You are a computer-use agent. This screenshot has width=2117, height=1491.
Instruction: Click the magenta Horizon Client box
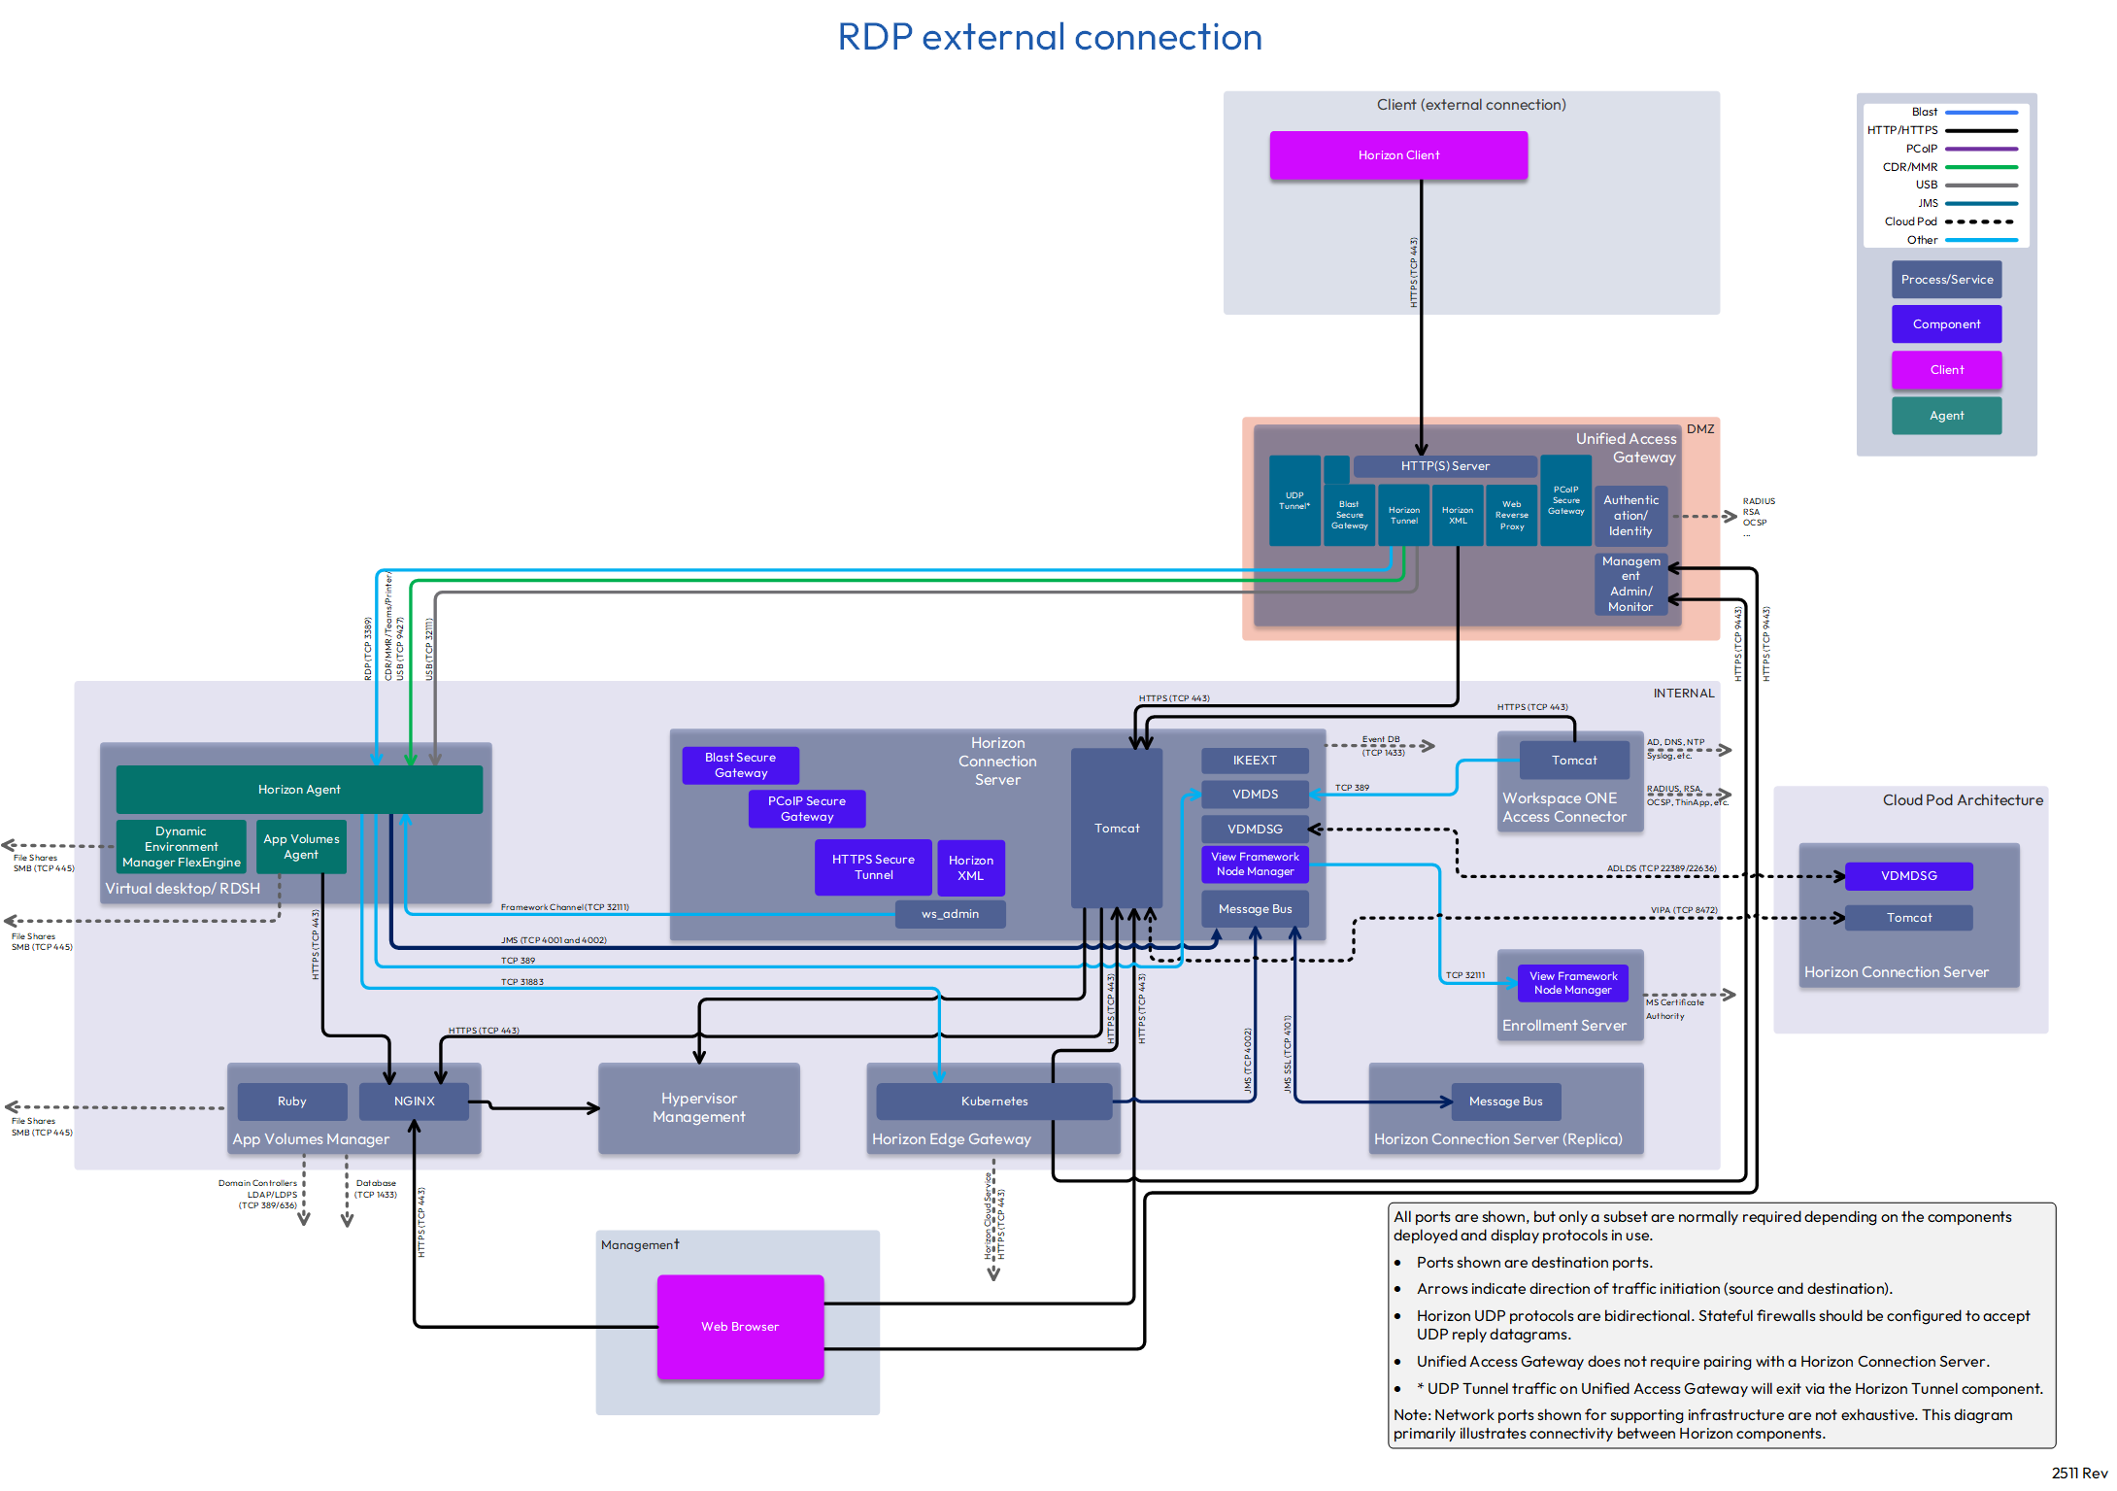coord(1397,155)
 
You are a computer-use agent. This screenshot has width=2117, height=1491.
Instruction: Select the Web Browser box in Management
coord(740,1326)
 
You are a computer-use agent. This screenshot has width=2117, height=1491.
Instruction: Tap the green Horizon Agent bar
coord(299,790)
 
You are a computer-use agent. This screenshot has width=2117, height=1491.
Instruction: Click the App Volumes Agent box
coord(301,847)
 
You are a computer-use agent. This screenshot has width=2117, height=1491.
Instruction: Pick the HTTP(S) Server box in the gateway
coord(1444,466)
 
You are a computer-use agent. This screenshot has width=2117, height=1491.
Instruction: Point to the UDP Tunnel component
coord(1294,501)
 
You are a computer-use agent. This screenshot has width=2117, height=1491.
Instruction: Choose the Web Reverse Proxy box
coord(1511,516)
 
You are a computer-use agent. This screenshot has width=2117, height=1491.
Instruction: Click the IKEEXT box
coord(1255,761)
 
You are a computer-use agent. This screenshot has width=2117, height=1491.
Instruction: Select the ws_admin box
coord(950,914)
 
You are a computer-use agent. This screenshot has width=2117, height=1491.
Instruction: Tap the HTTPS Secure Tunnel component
coord(873,867)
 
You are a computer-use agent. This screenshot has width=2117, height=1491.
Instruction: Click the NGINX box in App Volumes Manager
coord(414,1101)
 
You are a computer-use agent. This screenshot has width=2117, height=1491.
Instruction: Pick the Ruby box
coord(291,1101)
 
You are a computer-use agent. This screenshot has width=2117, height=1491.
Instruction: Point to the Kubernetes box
coord(993,1101)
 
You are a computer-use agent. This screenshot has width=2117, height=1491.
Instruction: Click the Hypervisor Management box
coord(698,1108)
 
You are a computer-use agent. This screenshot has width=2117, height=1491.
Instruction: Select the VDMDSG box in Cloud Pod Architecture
coord(1908,876)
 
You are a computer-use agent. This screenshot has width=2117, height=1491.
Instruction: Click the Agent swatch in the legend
coord(1946,416)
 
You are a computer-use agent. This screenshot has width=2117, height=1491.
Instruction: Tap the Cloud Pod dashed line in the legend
coord(1980,221)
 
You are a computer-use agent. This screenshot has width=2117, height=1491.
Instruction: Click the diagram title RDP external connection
coord(1050,38)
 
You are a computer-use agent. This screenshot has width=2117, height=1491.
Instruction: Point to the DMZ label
coord(1699,429)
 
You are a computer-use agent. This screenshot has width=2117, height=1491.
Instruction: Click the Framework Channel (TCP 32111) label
coord(564,907)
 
